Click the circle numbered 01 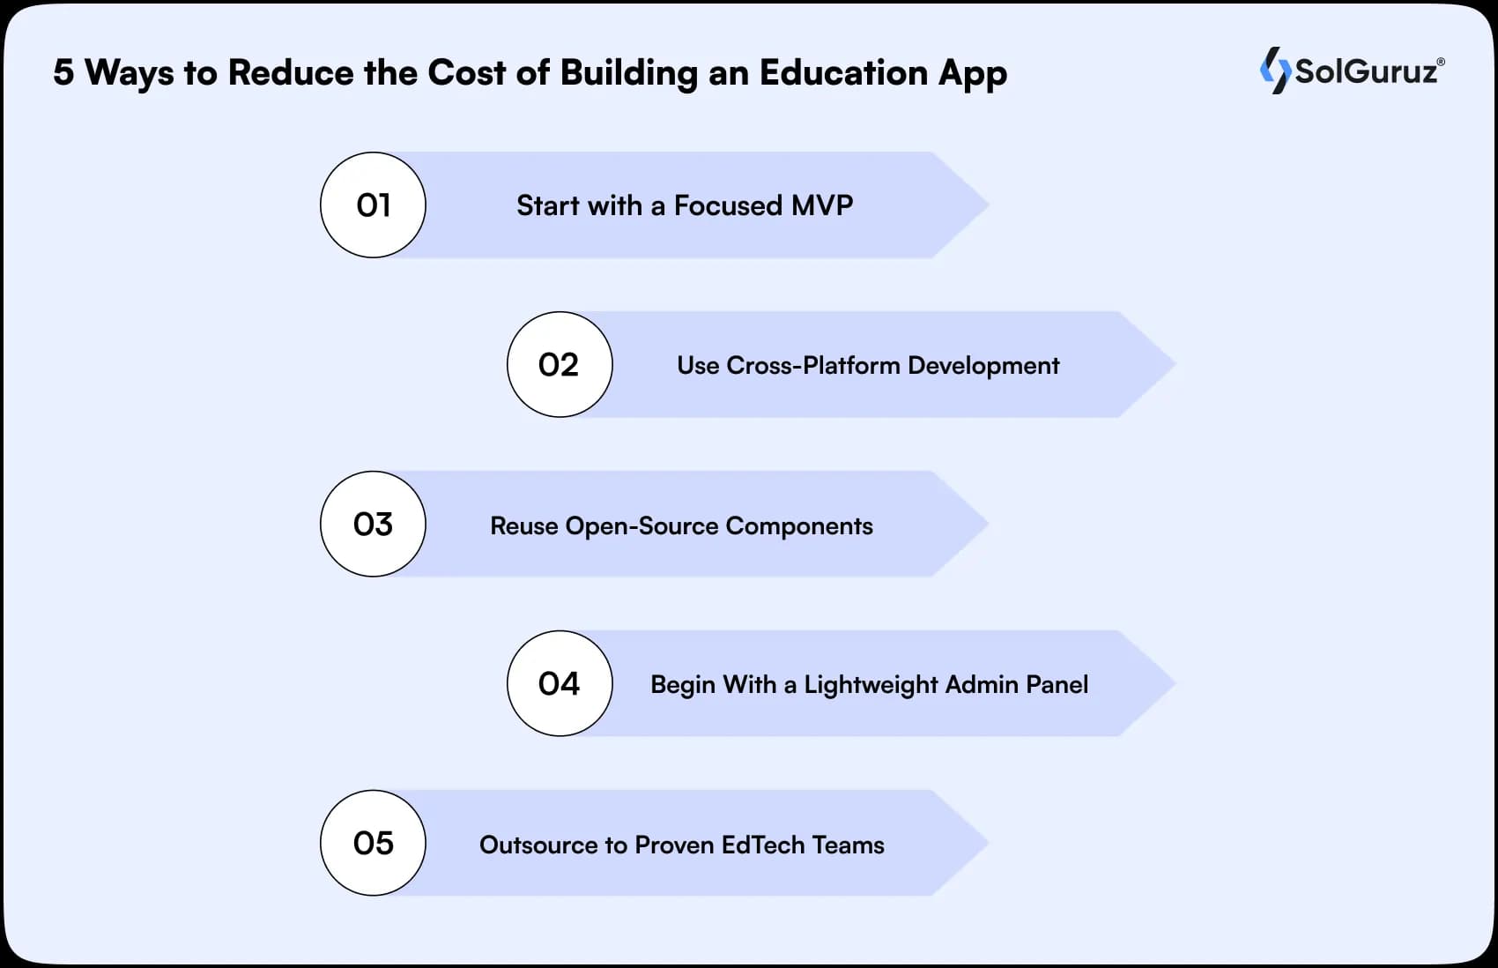[373, 205]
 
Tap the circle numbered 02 [560, 365]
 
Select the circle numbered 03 [373, 525]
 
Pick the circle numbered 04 [560, 684]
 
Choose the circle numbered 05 [373, 844]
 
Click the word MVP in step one [822, 205]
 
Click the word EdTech [762, 845]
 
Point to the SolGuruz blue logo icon [1274, 71]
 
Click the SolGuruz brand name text [1366, 71]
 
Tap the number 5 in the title [63, 73]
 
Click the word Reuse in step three [523, 526]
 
